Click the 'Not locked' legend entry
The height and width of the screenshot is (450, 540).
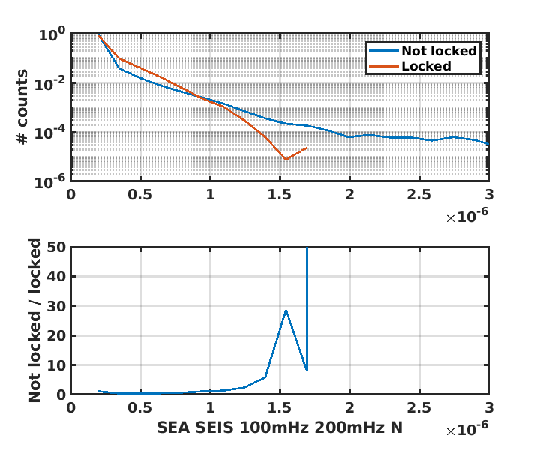point(439,51)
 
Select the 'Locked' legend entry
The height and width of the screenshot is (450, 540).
point(426,66)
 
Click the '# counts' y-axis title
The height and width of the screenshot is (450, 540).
point(23,106)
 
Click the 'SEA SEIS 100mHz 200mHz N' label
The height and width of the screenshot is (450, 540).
point(279,427)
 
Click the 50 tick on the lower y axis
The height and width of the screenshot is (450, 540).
point(57,247)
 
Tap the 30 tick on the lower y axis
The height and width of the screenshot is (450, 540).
point(57,306)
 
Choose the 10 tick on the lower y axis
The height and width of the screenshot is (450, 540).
point(57,365)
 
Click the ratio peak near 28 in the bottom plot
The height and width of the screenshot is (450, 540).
point(286,310)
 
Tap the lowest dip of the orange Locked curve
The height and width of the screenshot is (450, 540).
point(286,160)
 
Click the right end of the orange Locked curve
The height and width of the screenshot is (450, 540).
point(307,148)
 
